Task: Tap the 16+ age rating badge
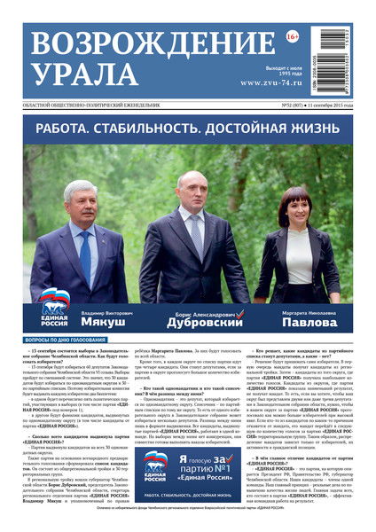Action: coord(292,36)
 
